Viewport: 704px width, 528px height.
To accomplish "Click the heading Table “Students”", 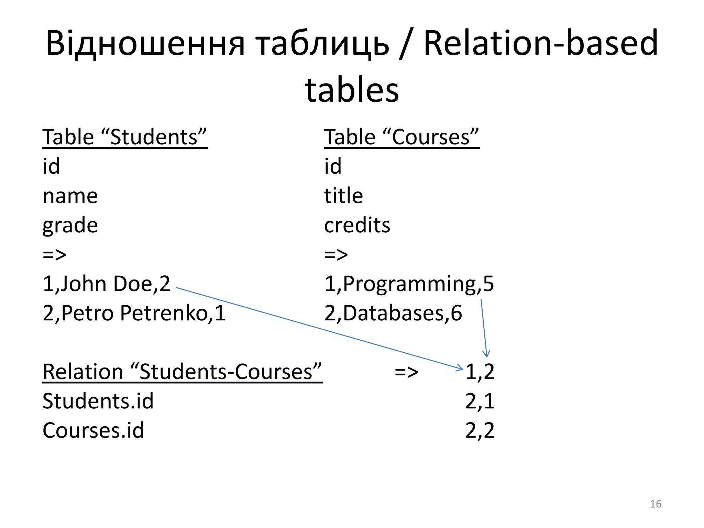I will [125, 137].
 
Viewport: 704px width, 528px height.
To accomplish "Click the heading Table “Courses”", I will [401, 137].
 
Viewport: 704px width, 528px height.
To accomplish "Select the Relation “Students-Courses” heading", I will [182, 372].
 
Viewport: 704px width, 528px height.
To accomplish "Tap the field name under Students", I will [70, 196].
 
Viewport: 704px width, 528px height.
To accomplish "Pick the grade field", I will [70, 226].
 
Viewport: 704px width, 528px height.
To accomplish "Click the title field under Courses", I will [343, 196].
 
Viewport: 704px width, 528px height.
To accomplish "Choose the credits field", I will [357, 225].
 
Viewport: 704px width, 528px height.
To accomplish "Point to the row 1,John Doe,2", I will [106, 284].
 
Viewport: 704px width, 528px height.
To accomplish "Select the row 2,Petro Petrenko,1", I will [134, 313].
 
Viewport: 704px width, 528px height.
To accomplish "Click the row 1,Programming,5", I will [409, 284].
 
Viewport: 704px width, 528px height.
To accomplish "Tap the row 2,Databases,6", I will [393, 313].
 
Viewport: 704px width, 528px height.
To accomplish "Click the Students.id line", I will [98, 401].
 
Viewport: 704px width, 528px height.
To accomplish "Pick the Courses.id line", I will [93, 430].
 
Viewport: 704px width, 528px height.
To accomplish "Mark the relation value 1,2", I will [480, 372].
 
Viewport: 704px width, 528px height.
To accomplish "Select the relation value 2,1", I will [480, 401].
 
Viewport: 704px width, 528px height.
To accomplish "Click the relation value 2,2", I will [480, 430].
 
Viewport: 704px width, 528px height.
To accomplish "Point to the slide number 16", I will [656, 504].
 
